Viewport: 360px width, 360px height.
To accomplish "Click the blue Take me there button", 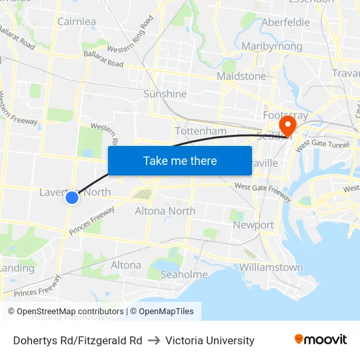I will click(180, 160).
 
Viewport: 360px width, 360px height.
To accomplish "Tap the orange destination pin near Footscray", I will click(287, 124).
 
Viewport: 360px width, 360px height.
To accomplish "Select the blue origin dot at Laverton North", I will click(72, 197).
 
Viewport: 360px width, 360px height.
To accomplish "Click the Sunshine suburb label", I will click(166, 94).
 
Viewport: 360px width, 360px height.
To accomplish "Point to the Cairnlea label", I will click(77, 22).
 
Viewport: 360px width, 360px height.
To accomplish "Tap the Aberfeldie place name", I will click(285, 22).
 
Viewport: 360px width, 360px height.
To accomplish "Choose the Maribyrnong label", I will click(272, 46).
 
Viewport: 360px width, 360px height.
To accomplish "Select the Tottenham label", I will click(201, 132).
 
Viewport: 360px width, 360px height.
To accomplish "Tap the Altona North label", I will click(165, 211).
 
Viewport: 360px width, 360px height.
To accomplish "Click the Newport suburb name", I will click(253, 225).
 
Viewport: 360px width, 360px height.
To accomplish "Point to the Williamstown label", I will click(271, 267).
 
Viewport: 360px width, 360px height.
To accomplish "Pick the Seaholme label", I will click(184, 274).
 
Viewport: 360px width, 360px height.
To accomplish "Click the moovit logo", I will click(321, 340).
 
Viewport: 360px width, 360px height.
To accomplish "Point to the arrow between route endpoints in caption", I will click(154, 340).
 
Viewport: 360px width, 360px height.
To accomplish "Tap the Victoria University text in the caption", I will click(209, 340).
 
